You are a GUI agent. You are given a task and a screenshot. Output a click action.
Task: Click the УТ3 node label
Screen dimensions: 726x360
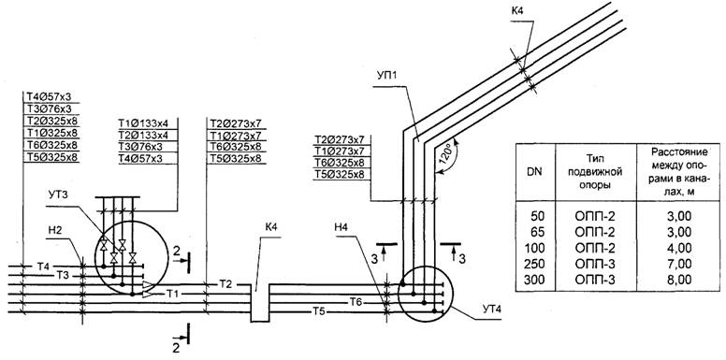[57, 195]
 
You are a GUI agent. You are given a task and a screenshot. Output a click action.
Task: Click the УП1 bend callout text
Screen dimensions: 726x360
[384, 75]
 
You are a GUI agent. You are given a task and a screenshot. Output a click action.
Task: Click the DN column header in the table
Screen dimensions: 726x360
[535, 172]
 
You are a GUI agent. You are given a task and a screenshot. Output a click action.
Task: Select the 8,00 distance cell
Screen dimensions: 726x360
[680, 280]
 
